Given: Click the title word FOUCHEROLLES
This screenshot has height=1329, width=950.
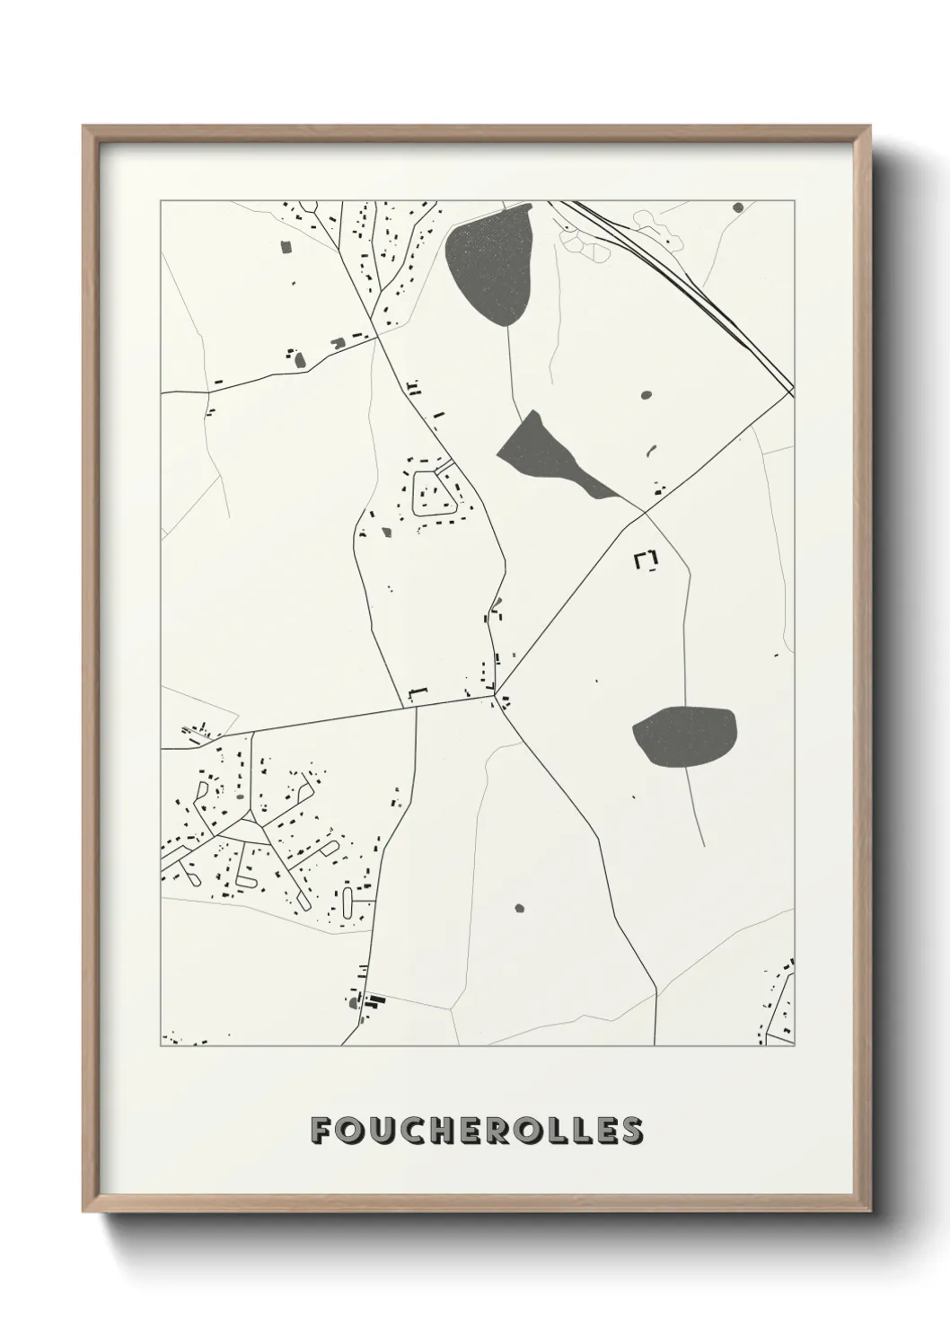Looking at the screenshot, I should click(x=476, y=1131).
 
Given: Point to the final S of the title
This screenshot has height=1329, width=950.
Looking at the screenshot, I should click(x=631, y=1131).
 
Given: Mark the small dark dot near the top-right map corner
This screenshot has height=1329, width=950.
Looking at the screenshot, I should click(x=738, y=207).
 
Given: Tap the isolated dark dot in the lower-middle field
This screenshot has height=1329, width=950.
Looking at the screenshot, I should click(x=518, y=908).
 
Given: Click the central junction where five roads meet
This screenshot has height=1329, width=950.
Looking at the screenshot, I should click(x=494, y=694).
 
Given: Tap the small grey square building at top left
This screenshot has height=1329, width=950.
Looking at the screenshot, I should click(x=287, y=246).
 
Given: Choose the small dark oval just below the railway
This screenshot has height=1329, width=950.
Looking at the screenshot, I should click(x=646, y=394).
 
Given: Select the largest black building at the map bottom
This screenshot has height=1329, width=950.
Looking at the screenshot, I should click(x=375, y=998).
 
